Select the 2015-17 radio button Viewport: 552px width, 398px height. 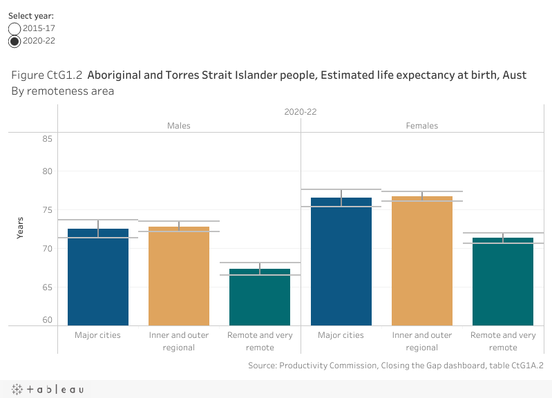[15, 28]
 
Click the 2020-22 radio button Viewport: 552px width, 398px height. [15, 41]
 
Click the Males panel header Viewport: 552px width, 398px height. [179, 126]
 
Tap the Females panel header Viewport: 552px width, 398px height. [421, 126]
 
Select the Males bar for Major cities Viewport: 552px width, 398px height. [98, 276]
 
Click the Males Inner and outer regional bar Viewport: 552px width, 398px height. [179, 276]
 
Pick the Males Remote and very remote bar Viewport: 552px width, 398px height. [260, 296]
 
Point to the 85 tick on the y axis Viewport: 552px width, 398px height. [48, 138]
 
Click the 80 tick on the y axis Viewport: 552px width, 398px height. [48, 171]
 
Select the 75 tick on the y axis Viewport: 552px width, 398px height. [48, 209]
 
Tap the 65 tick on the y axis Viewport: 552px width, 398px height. [48, 287]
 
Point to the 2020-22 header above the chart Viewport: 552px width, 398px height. [300, 111]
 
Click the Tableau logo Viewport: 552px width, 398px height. [48, 390]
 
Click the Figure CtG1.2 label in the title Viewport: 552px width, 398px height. [46, 75]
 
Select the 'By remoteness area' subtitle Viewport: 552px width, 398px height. [62, 91]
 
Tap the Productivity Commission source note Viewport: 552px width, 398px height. [395, 366]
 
